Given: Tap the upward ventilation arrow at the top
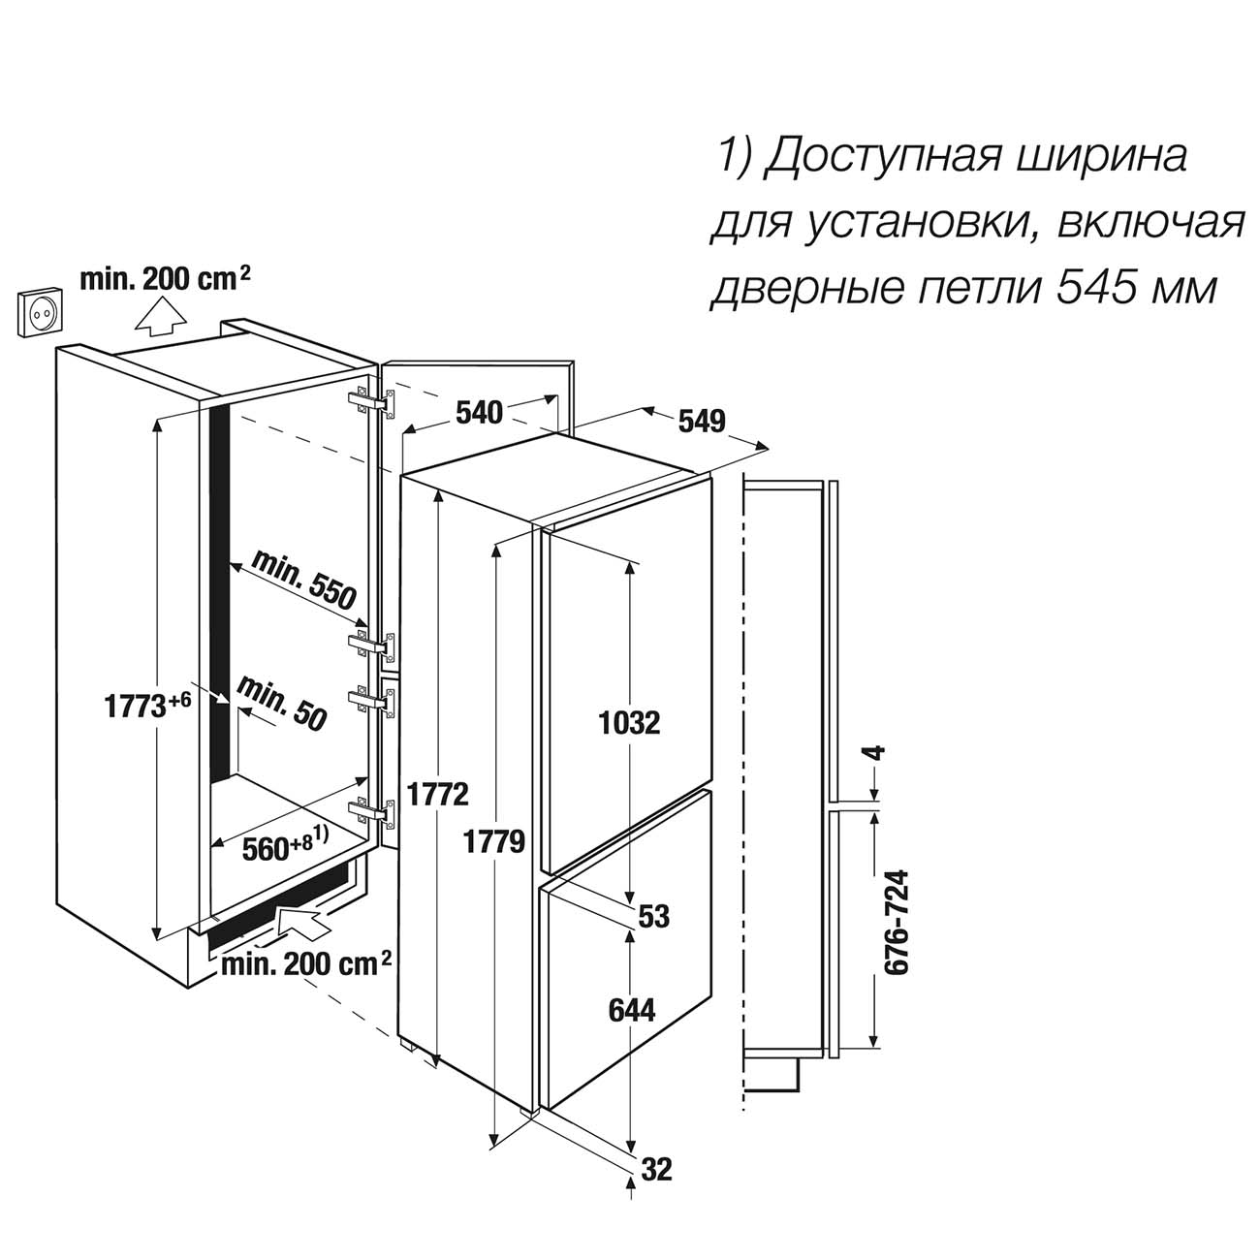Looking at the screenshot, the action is tap(160, 316).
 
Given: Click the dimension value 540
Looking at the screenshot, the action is tap(479, 413).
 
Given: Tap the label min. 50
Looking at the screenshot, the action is tap(281, 705).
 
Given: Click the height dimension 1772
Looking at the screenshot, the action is tap(438, 795).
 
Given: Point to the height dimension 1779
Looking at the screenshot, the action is tap(494, 842).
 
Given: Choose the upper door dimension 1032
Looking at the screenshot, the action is tap(630, 723).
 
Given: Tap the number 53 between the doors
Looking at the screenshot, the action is tap(654, 916).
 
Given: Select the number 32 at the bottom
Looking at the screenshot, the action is tap(655, 1169).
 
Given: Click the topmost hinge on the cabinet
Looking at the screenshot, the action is tap(372, 403).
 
